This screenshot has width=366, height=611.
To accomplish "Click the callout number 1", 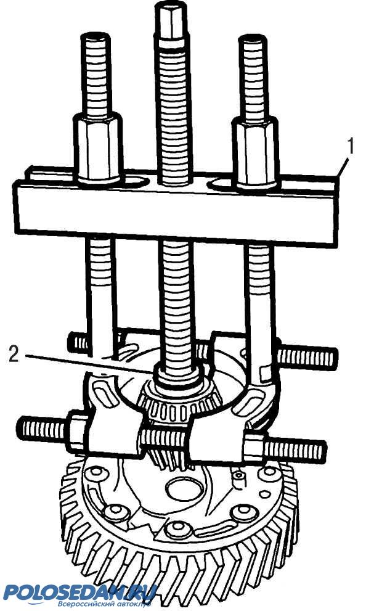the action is tap(351, 147).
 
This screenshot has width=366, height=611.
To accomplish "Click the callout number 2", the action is tap(14, 354).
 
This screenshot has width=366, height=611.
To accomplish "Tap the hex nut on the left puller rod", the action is tap(98, 148).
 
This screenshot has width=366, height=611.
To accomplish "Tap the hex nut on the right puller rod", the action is tap(255, 152).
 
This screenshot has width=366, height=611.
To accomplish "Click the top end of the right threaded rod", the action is tap(253, 39).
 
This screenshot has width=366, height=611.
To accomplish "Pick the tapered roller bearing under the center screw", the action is tap(179, 405).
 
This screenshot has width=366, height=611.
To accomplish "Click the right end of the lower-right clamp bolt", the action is tap(322, 449).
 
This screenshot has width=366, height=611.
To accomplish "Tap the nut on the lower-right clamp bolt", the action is tap(253, 447).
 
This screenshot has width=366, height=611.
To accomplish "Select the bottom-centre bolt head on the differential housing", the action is tap(178, 529).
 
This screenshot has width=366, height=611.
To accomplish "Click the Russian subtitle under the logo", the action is tap(104, 604).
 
